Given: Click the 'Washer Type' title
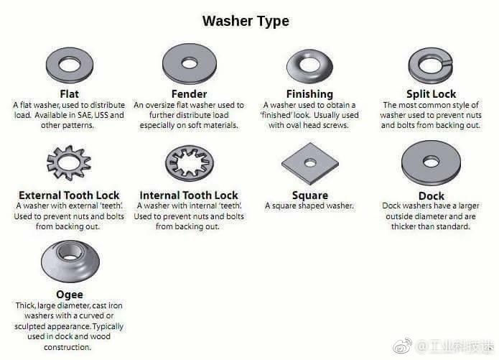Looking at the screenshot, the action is coord(246,22).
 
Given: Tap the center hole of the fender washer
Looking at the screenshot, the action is coord(190,63).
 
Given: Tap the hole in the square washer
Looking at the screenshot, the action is coord(310,163).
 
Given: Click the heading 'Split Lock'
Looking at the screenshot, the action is coord(432,94).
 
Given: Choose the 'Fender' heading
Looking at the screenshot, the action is coord(189,94).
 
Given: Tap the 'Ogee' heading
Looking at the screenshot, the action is coord(70,295).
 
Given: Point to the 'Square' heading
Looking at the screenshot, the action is coord(310,195).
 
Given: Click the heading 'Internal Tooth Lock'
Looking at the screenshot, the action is coord(189,195).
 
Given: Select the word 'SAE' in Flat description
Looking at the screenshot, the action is coord(85,115).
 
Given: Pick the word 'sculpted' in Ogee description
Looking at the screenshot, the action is coord(29,327).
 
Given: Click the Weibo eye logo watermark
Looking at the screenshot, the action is coord(403,346).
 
